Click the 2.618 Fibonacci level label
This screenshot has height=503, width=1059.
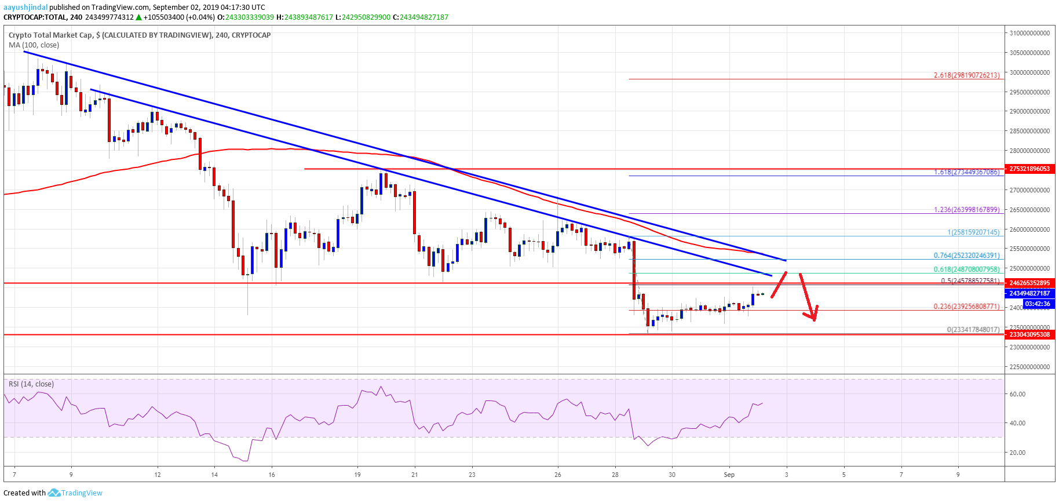[966, 75]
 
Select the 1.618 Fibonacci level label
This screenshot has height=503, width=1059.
[966, 172]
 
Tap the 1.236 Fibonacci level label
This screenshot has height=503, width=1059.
[966, 210]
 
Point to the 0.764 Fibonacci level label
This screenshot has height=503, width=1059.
[966, 256]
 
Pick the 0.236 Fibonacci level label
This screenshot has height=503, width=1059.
[966, 307]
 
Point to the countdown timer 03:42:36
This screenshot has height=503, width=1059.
[1037, 304]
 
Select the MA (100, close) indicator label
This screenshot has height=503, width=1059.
[34, 45]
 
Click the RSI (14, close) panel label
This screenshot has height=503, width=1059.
[31, 384]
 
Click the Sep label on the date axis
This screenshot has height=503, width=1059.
[729, 475]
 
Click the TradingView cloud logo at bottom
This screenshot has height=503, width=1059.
[54, 493]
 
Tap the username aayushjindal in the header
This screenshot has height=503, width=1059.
[25, 8]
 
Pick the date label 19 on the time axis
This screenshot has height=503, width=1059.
[357, 475]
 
